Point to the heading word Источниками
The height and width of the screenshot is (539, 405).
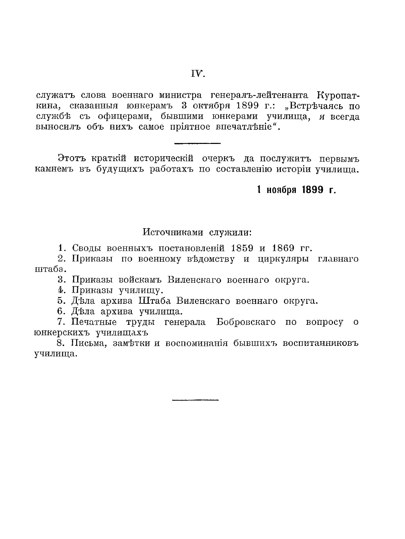pyautogui.click(x=167, y=233)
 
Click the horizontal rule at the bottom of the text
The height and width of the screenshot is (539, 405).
pyautogui.click(x=195, y=400)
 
